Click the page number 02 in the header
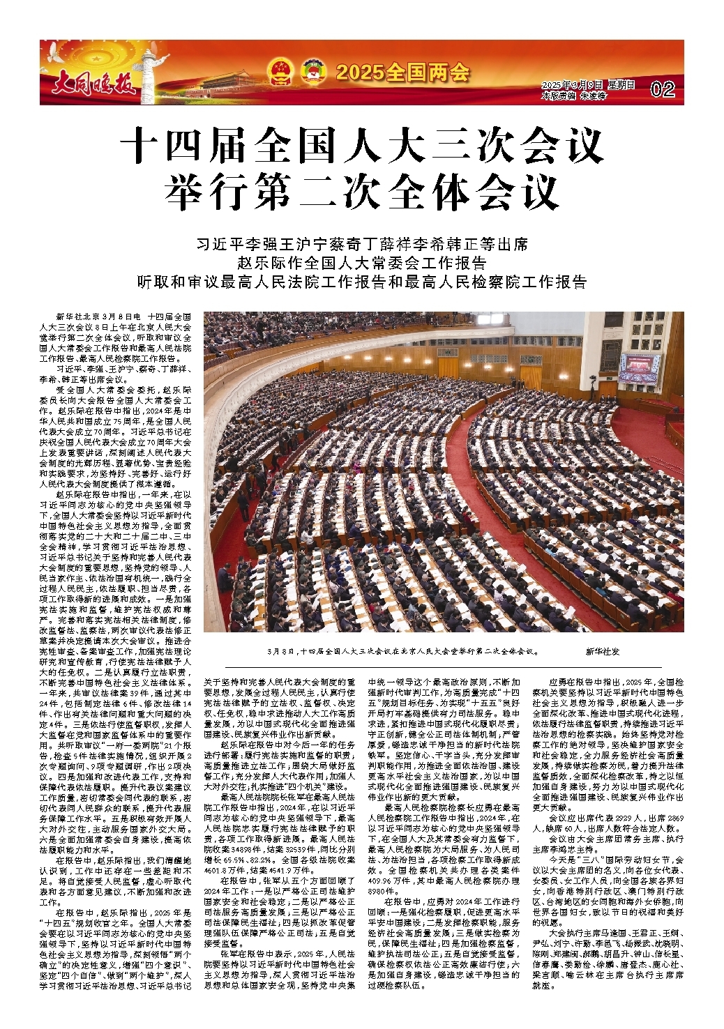pyautogui.click(x=662, y=89)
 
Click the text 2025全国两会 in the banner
pyautogui.click(x=402, y=72)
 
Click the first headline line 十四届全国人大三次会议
pyautogui.click(x=361, y=147)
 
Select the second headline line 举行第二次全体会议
pyautogui.click(x=361, y=190)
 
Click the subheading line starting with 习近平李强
pyautogui.click(x=361, y=245)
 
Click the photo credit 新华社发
pyautogui.click(x=602, y=652)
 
